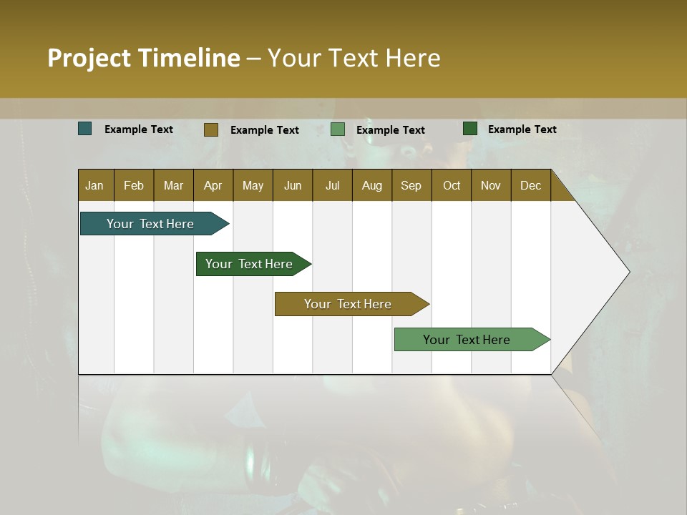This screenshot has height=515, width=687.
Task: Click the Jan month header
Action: click(94, 185)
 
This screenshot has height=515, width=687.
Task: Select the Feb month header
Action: click(134, 185)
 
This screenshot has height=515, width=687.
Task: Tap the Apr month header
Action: click(213, 185)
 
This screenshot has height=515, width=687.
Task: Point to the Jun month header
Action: click(293, 185)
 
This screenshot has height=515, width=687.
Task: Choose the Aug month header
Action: click(371, 185)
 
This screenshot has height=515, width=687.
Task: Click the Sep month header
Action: click(411, 185)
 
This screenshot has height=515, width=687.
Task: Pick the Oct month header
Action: click(452, 185)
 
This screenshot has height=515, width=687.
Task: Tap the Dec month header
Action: click(530, 185)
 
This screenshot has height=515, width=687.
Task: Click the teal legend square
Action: click(85, 129)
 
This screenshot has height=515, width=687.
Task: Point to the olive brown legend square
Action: click(211, 129)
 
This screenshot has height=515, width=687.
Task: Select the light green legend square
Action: click(338, 129)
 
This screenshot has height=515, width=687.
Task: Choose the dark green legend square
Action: click(470, 129)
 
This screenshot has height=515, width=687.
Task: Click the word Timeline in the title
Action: click(189, 58)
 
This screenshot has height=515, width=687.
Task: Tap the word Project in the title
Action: click(89, 58)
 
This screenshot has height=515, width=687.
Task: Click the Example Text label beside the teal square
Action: click(139, 129)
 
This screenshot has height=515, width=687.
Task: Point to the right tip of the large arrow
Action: click(628, 272)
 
